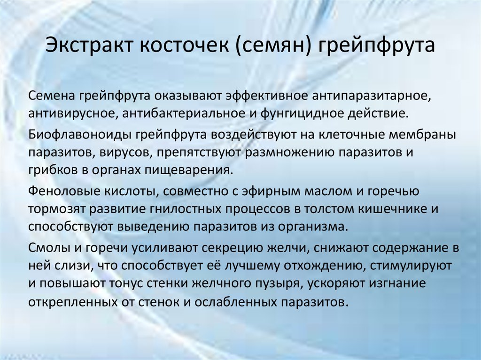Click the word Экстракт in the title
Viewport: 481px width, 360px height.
tap(87, 47)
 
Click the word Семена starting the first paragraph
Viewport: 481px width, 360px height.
tap(51, 96)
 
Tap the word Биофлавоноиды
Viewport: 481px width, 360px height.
tap(79, 135)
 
